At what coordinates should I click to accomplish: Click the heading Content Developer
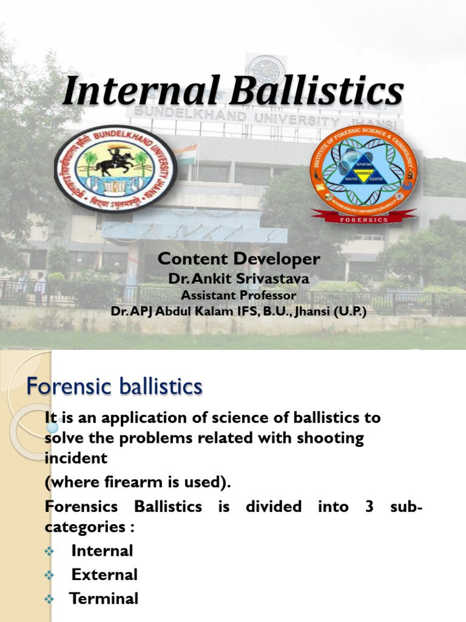[x=238, y=259]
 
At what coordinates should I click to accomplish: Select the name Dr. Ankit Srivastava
[x=238, y=279]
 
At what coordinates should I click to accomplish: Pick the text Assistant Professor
[x=238, y=295]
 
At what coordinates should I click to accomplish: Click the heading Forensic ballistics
[x=114, y=386]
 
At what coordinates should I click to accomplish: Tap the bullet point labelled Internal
[x=102, y=551]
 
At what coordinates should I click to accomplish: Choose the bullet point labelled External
[x=104, y=575]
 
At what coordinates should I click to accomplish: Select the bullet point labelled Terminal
[x=104, y=598]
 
